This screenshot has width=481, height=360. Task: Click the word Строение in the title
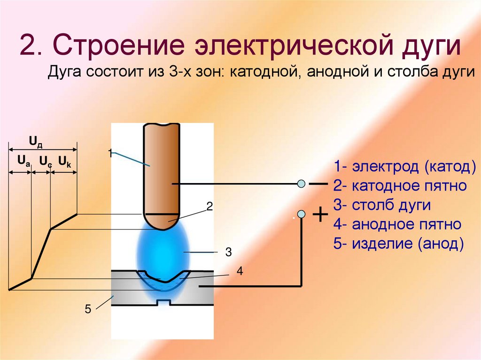[126, 48]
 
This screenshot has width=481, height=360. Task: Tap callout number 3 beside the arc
[228, 253]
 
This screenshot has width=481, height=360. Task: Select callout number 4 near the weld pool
[240, 271]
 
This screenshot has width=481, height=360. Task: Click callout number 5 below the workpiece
[87, 309]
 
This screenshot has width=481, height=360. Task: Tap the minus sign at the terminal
[318, 184]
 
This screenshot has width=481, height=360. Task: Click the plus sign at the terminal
[319, 215]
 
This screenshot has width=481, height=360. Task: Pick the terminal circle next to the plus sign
[302, 214]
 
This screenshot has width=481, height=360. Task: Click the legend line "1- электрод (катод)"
[405, 167]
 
